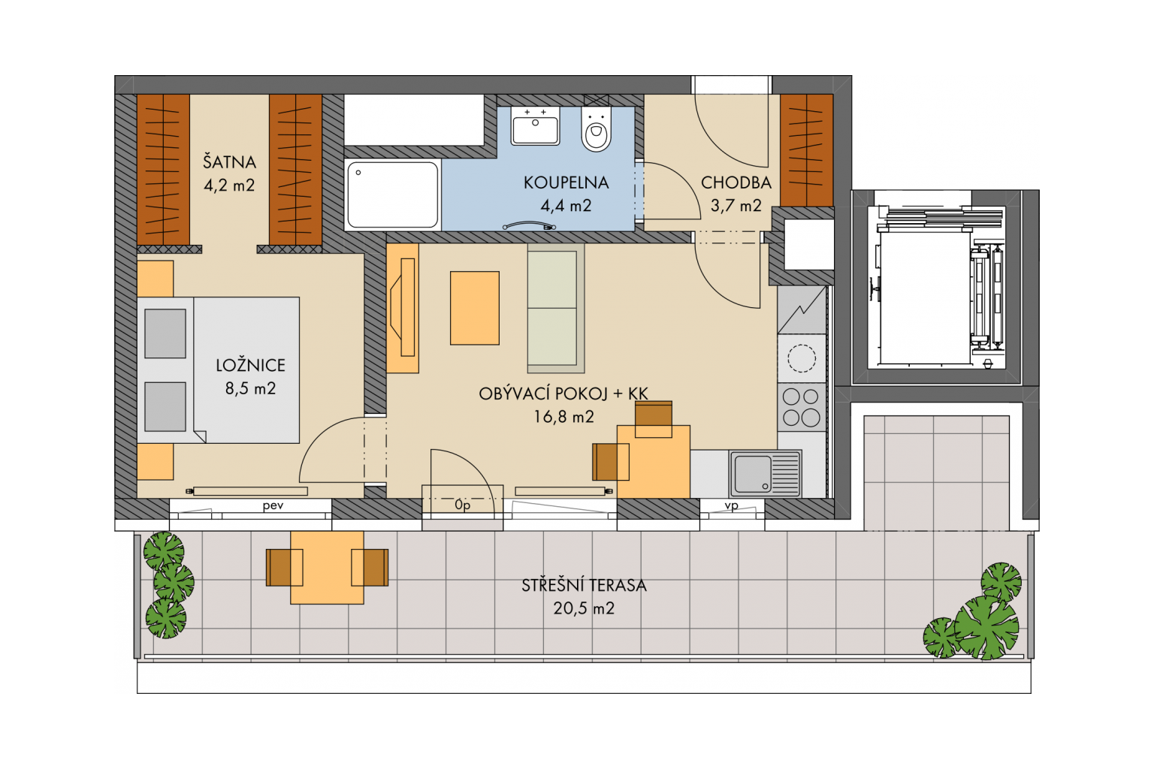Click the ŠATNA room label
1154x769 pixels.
[229, 161]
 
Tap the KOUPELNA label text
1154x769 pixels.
[566, 182]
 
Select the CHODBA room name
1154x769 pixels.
[736, 182]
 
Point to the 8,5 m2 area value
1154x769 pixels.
[250, 388]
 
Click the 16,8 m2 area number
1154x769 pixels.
[563, 417]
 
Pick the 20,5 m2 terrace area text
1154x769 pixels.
[584, 608]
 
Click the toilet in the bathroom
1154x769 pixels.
[596, 128]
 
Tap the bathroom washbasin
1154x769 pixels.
[535, 125]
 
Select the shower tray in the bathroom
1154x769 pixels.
[393, 195]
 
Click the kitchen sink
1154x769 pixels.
[765, 473]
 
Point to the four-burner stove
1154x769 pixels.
[802, 407]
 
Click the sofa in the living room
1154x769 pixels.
[556, 308]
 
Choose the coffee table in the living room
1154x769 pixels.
[475, 308]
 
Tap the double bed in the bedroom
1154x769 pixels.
[219, 369]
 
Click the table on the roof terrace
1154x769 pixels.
[327, 568]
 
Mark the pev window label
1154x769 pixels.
[273, 506]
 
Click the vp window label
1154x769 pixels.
[732, 506]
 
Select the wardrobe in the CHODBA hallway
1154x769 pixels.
[806, 150]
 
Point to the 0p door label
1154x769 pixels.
[463, 505]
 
